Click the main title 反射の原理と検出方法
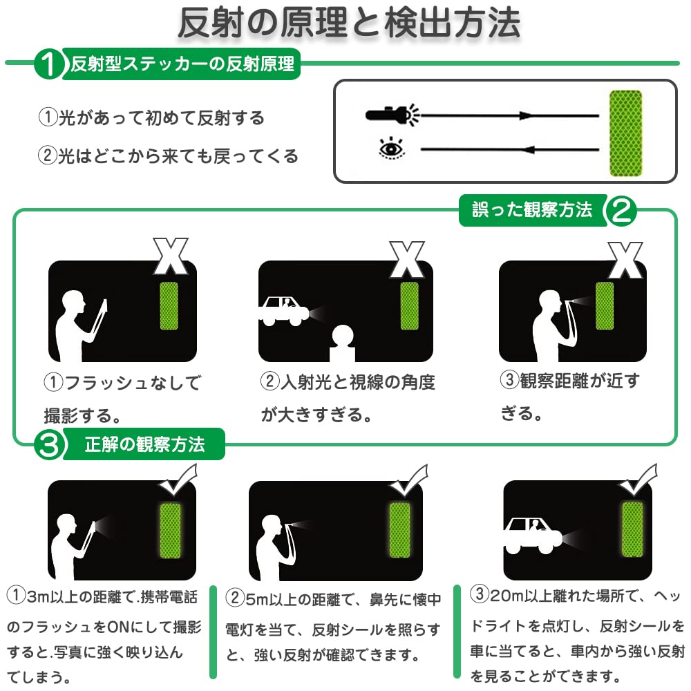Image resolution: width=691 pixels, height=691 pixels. (349, 23)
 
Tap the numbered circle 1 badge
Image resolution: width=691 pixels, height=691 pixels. (49, 64)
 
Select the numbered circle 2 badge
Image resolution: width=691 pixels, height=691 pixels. (621, 210)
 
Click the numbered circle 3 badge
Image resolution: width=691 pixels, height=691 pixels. (49, 444)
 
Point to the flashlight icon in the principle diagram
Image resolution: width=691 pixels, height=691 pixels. (392, 115)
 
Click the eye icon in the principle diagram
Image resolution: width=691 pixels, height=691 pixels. (391, 148)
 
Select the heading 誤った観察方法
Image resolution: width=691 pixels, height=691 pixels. (532, 210)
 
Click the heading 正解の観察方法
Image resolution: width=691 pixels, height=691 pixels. (144, 444)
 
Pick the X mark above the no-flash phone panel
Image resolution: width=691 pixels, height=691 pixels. (171, 256)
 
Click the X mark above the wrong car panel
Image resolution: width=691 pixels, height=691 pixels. (407, 260)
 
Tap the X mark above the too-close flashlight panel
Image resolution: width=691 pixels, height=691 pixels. (625, 260)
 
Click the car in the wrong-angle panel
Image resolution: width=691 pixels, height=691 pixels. (283, 311)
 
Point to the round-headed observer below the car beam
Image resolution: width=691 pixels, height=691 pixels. (343, 343)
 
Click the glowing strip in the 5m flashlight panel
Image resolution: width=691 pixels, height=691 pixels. (399, 530)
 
